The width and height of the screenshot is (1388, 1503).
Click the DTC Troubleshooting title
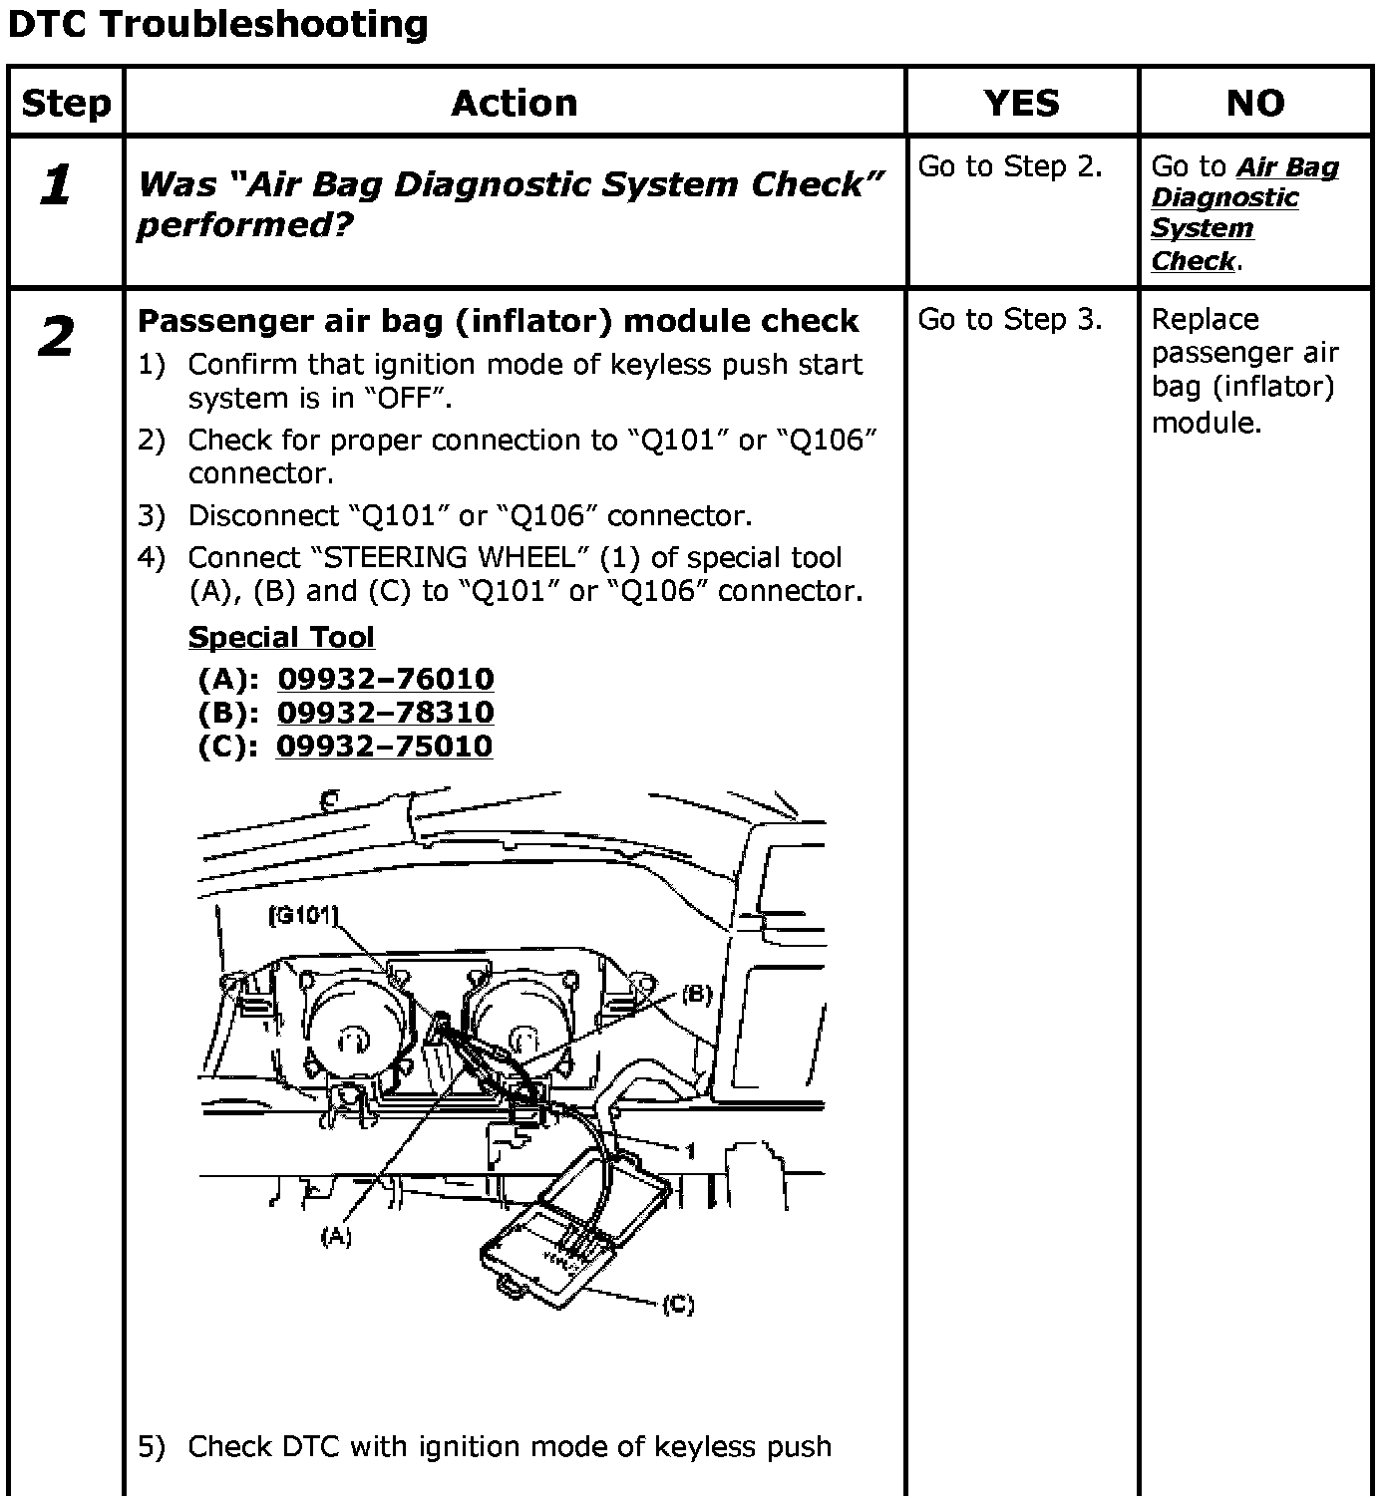(217, 24)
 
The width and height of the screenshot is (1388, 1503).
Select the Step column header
(66, 103)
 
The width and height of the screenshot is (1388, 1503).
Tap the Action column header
(515, 103)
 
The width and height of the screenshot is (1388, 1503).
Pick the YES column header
(1022, 103)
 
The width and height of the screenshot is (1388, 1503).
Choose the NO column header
(1255, 103)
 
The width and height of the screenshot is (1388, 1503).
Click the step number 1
(57, 185)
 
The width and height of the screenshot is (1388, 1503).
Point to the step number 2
(57, 337)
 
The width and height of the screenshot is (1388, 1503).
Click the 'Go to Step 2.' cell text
(1010, 166)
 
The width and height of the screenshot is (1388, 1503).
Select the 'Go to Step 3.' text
(1010, 319)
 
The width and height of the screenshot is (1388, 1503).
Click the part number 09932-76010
(386, 679)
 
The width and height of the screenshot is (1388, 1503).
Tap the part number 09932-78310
(386, 713)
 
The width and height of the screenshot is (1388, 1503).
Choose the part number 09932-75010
(385, 747)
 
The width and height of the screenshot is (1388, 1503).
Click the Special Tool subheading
(281, 637)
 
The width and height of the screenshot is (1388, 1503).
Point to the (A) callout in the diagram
(336, 1237)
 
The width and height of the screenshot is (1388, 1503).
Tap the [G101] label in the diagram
(303, 914)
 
